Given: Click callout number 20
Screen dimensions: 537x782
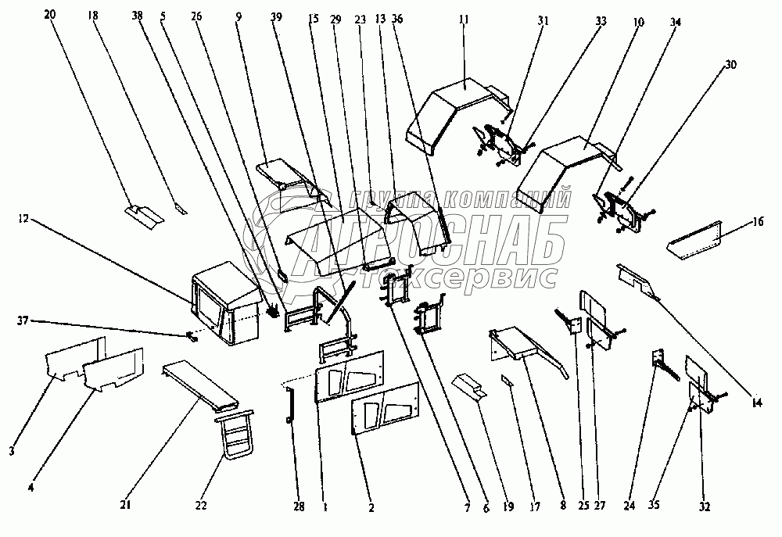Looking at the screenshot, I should click(x=51, y=14).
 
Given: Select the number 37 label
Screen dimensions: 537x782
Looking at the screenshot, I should click(x=24, y=320).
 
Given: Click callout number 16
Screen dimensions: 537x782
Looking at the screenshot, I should click(x=758, y=221).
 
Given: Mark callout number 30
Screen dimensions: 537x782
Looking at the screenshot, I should click(x=730, y=65).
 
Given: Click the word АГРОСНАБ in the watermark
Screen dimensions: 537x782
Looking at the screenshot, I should click(x=407, y=244).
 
